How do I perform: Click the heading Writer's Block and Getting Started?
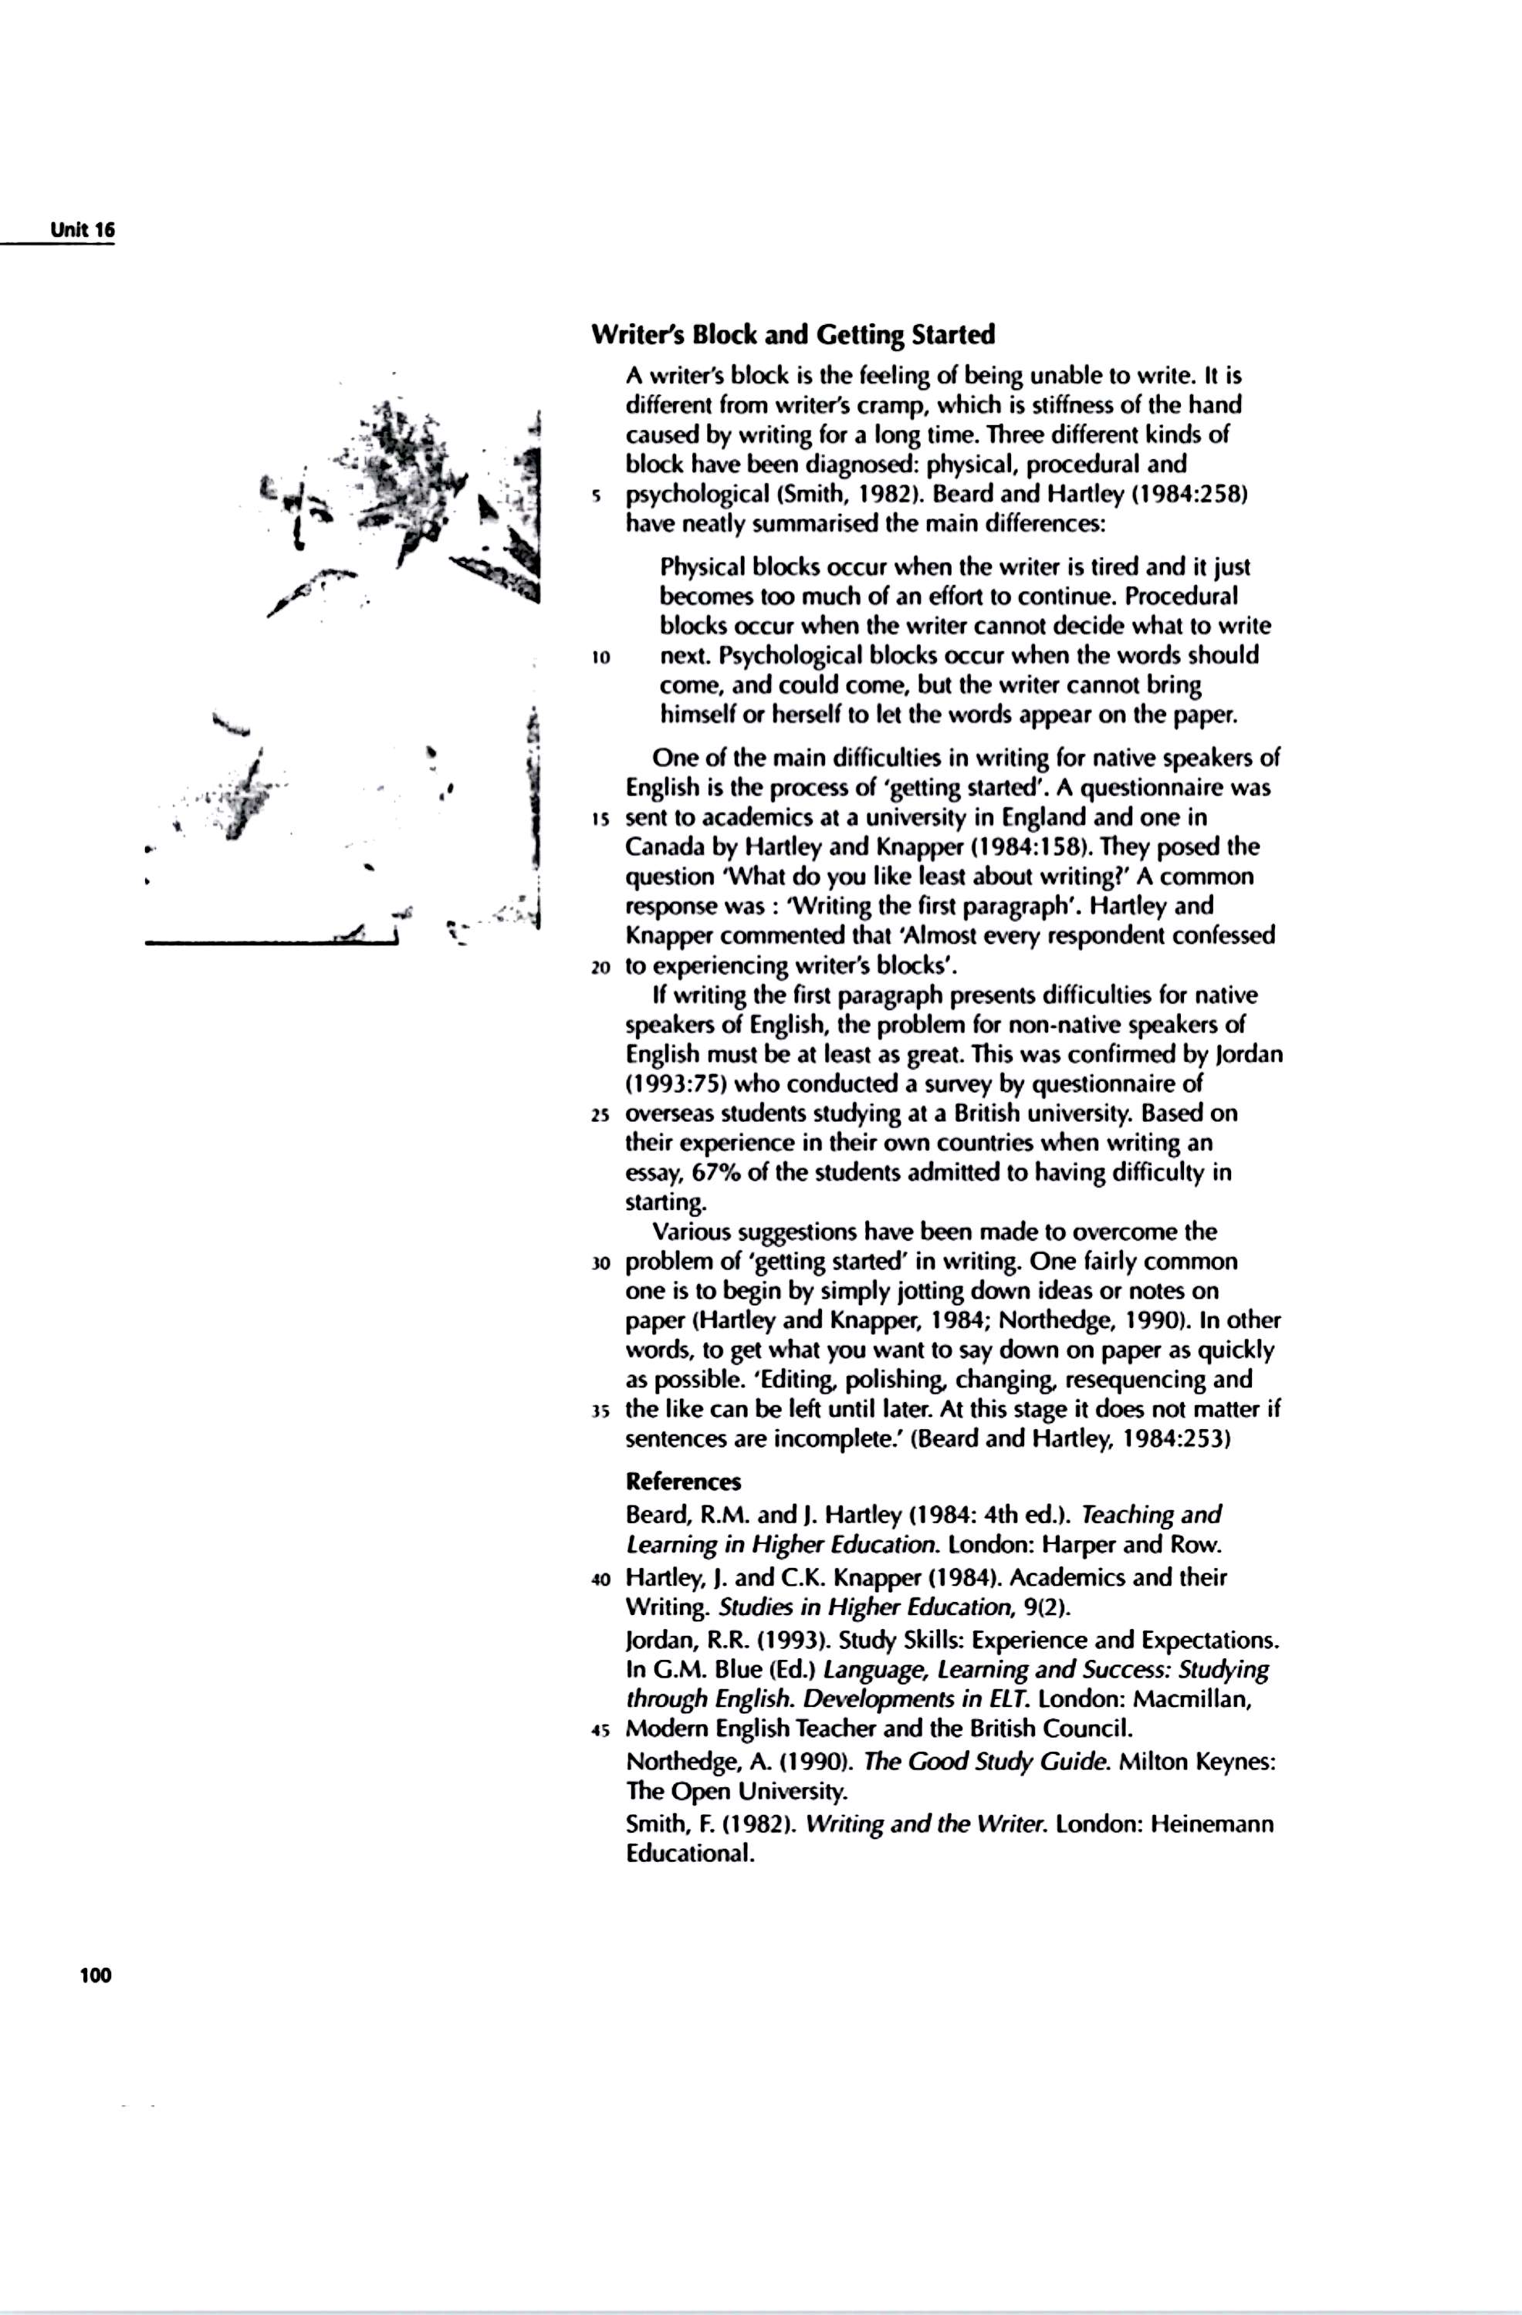tap(793, 336)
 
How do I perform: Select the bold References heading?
tap(683, 1482)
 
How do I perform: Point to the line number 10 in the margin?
tap(600, 657)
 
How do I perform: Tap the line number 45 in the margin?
tap(600, 1730)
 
